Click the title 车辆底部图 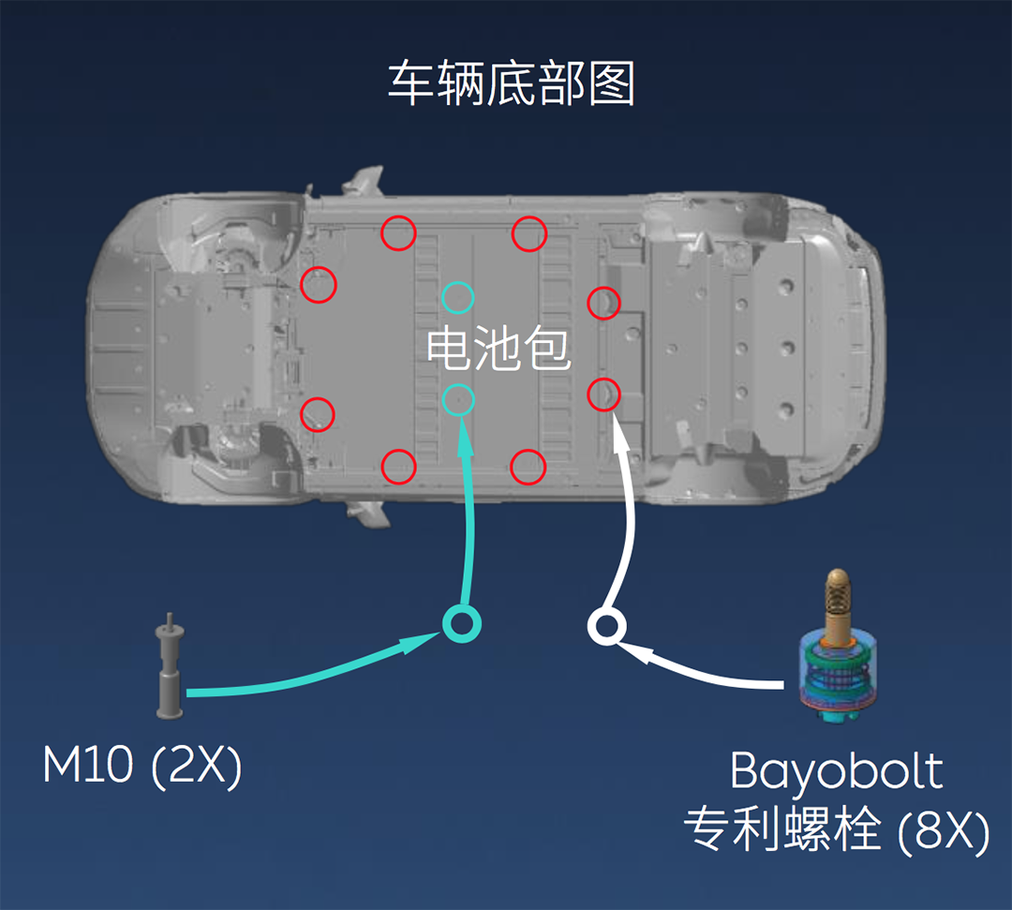[512, 85]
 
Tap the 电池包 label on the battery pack [499, 349]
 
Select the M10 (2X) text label [142, 768]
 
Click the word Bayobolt [836, 771]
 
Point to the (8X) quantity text [942, 830]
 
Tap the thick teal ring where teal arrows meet [461, 622]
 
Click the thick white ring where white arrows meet [605, 626]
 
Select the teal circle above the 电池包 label [458, 298]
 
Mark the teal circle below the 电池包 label [458, 399]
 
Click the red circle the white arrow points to [603, 395]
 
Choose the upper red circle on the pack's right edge [603, 303]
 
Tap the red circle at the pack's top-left [398, 232]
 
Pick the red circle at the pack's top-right [528, 232]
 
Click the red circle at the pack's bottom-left [398, 465]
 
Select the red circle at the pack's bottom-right [528, 466]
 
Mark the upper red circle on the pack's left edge [319, 284]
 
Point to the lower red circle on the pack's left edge [318, 413]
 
